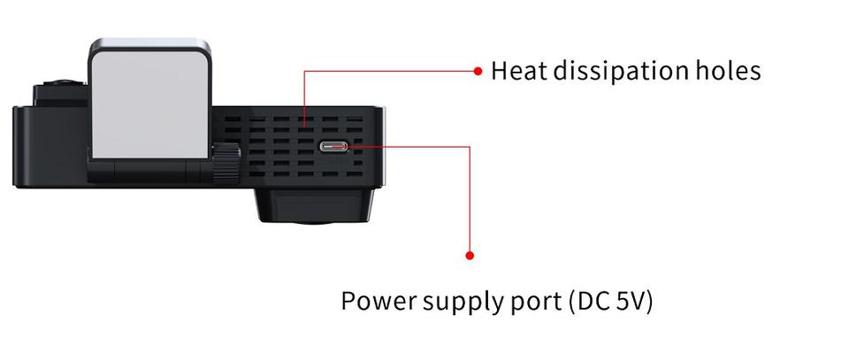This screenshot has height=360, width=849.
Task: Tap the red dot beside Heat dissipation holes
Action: pos(478,70)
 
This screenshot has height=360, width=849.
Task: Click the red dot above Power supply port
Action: pos(470,256)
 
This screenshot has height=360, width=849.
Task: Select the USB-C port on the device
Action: pos(334,147)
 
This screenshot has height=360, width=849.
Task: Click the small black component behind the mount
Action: pos(58,93)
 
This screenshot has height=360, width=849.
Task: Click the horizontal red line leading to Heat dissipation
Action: pos(389,71)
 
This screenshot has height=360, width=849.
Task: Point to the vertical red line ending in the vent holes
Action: pos(304,97)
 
